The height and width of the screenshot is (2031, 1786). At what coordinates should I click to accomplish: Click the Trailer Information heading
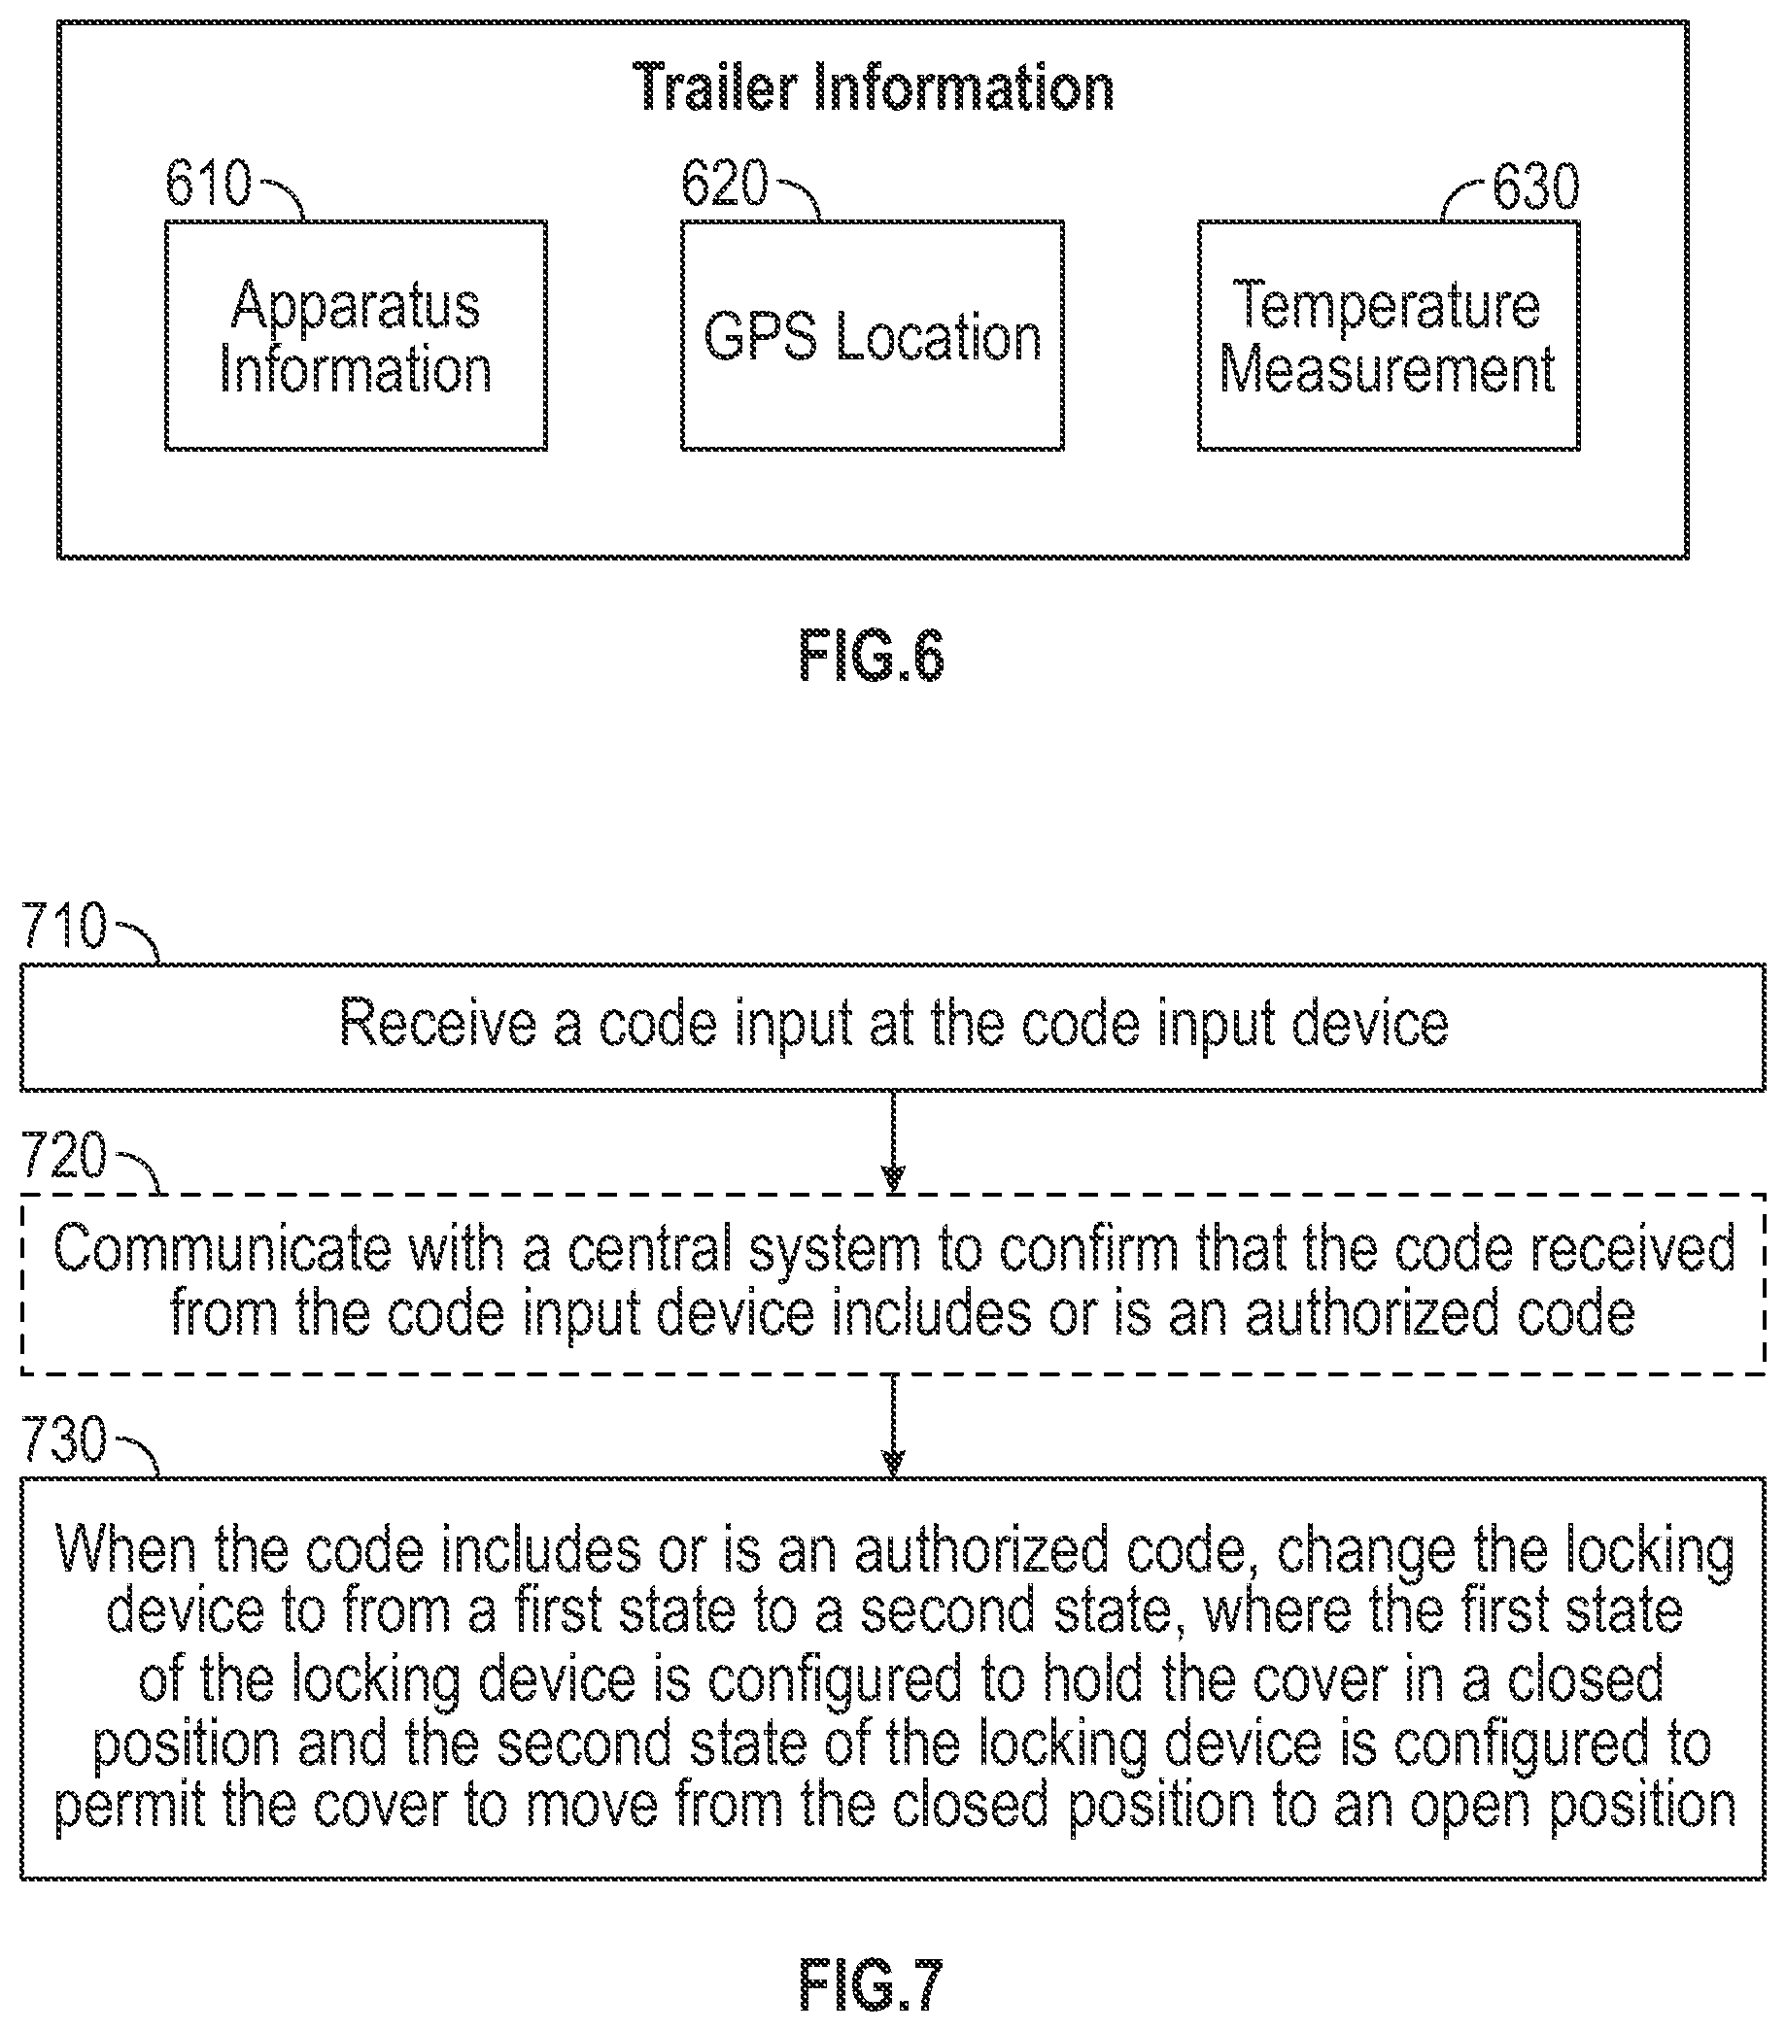(x=873, y=87)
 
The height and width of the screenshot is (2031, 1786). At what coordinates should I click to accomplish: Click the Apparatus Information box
(x=356, y=336)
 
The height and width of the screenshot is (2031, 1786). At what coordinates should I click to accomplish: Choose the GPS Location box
(x=873, y=336)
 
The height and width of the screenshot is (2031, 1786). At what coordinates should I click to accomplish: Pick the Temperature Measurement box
(x=1389, y=336)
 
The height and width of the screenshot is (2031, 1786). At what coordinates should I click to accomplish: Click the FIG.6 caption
(x=872, y=656)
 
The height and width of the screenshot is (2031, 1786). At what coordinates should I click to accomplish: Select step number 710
(x=63, y=926)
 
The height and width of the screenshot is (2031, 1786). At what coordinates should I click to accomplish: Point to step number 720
(x=63, y=1156)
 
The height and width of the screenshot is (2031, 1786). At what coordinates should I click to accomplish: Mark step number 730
(x=63, y=1439)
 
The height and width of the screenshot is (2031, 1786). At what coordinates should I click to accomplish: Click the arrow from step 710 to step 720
(x=894, y=1140)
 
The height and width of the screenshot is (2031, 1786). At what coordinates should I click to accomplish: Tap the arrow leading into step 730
(x=894, y=1425)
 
